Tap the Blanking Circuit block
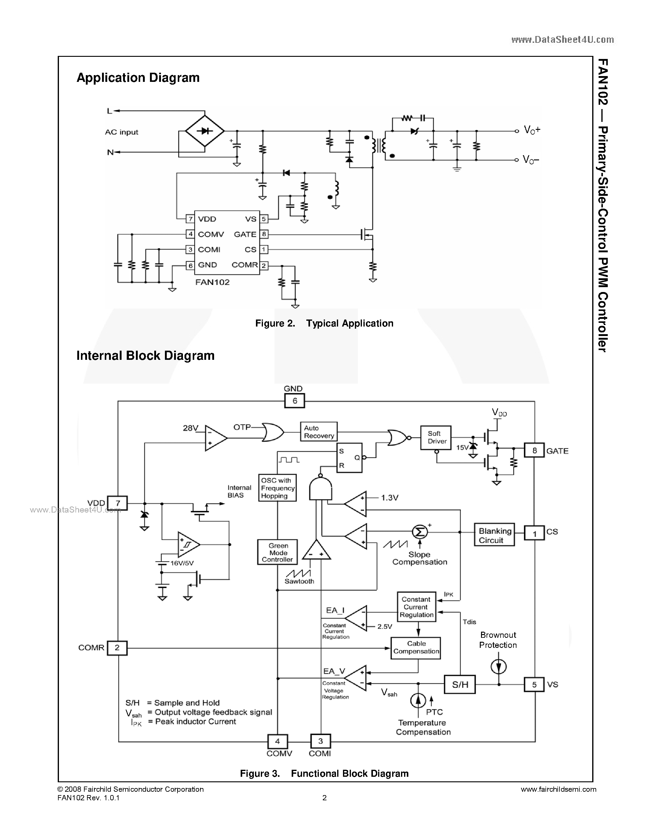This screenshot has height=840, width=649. pyautogui.click(x=494, y=535)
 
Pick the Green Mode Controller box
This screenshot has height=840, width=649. pyautogui.click(x=277, y=552)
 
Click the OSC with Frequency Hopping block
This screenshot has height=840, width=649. pyautogui.click(x=277, y=488)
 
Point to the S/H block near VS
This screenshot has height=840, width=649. pyautogui.click(x=460, y=684)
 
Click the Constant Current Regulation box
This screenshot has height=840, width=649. pyautogui.click(x=416, y=607)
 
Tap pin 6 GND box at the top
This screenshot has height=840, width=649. pyautogui.click(x=294, y=401)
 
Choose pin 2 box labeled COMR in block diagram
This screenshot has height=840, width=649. pyautogui.click(x=117, y=647)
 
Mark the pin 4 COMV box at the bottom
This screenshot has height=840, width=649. pyautogui.click(x=278, y=741)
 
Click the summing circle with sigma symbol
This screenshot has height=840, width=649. pyautogui.click(x=419, y=532)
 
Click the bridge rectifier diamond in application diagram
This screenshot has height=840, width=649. pyautogui.click(x=205, y=131)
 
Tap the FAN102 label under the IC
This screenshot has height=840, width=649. pyautogui.click(x=212, y=282)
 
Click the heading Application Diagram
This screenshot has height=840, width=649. pyautogui.click(x=138, y=78)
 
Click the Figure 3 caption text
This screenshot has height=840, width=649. pyautogui.click(x=324, y=773)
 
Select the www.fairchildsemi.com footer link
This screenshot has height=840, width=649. pyautogui.click(x=558, y=789)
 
